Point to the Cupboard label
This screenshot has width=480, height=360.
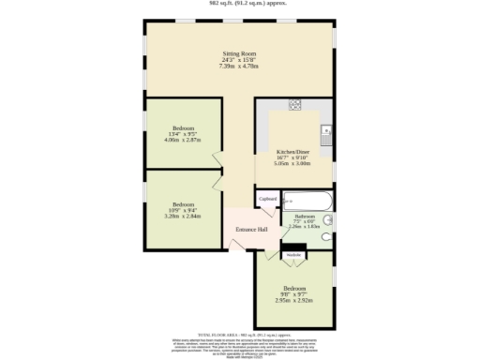click(x=268, y=200)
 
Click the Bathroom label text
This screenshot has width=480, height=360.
click(x=304, y=216)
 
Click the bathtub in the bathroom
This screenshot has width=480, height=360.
click(x=307, y=201)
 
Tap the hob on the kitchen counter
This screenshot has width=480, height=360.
click(x=294, y=104)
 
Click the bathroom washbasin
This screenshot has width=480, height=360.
click(x=328, y=217)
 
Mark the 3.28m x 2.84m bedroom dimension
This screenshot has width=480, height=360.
click(x=183, y=217)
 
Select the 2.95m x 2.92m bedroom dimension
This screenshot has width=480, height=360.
click(x=294, y=301)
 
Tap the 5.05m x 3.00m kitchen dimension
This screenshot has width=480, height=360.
click(x=292, y=163)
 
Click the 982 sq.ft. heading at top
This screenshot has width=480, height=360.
click(x=240, y=3)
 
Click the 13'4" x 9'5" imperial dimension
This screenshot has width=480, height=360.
click(x=183, y=134)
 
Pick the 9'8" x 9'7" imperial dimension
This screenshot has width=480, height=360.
click(x=294, y=294)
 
